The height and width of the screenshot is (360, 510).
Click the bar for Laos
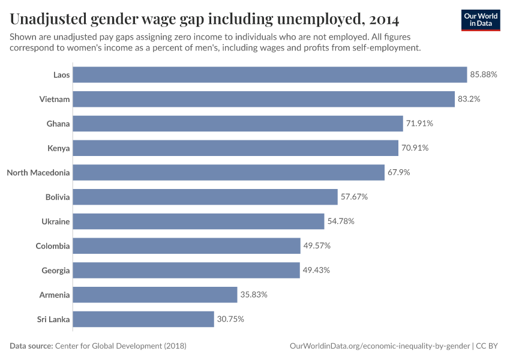point(269,74)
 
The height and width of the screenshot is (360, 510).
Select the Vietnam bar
point(263,99)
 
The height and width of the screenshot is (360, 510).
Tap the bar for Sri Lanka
point(143,319)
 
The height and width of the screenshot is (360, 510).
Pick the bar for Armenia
point(155,295)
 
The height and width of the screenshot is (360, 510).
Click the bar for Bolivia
point(205,197)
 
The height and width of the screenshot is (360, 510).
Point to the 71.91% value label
point(419,124)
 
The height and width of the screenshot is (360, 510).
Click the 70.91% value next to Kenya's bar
point(415,148)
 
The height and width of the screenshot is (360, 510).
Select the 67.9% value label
point(398,173)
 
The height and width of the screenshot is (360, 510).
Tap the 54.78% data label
point(341,221)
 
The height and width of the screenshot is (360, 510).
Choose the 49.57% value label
point(317,246)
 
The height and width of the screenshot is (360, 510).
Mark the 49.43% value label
point(316,271)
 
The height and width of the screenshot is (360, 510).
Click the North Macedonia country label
point(38,173)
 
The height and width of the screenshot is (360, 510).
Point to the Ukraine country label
point(55,221)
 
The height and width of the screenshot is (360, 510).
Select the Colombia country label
point(53,246)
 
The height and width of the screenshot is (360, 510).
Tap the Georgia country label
point(55,271)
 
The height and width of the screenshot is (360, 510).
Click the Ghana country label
point(58,124)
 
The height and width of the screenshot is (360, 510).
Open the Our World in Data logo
point(480,20)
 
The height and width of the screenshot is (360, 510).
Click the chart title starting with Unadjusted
point(205,20)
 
